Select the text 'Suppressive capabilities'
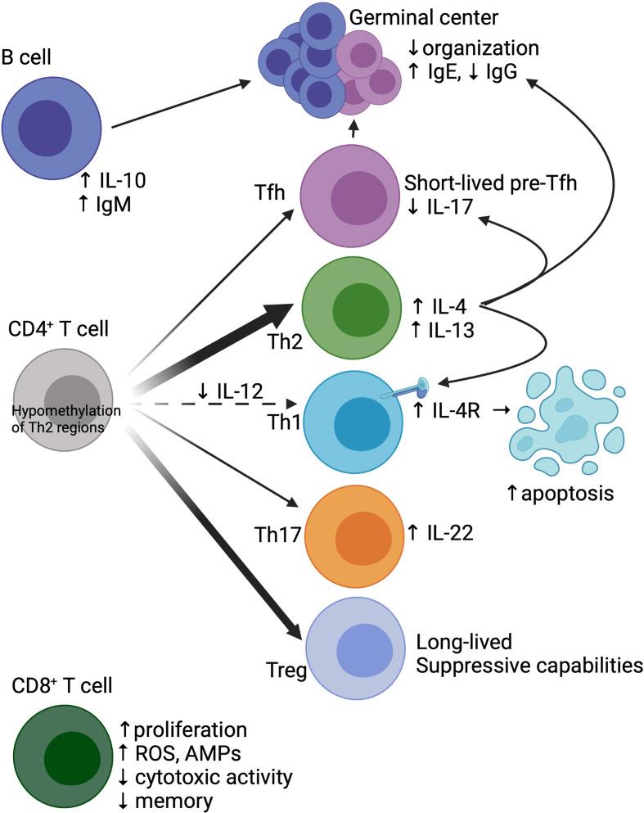pyautogui.click(x=529, y=665)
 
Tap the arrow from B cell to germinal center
pyautogui.click(x=180, y=102)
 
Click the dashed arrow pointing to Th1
pyautogui.click(x=213, y=404)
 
